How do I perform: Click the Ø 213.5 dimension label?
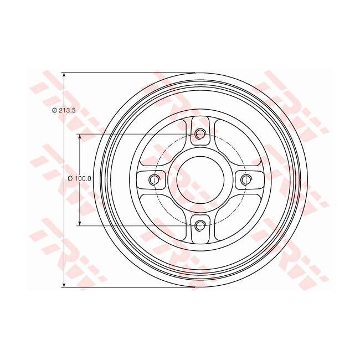pyautogui.click(x=55, y=111)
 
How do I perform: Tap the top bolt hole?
pyautogui.click(x=200, y=134)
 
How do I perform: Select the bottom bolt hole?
pyautogui.click(x=200, y=225)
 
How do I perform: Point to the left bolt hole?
pyautogui.click(x=155, y=179)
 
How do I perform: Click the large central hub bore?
pyautogui.click(x=200, y=179)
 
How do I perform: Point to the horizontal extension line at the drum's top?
pyautogui.click(x=127, y=72)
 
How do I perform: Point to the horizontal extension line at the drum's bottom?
pyautogui.click(x=127, y=287)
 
